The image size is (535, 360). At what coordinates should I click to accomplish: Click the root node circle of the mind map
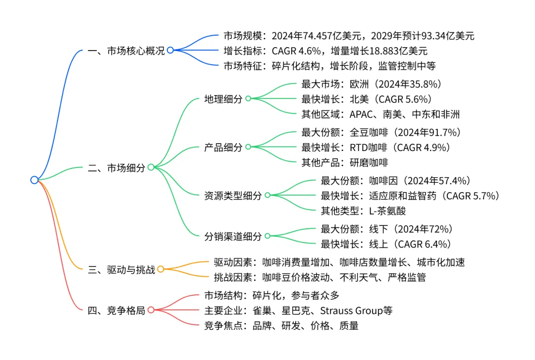click(34, 180)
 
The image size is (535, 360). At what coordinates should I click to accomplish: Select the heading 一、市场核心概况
click(126, 50)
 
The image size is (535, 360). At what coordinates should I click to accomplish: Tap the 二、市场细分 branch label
click(116, 167)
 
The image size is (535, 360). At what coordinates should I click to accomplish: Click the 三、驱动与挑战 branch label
click(121, 269)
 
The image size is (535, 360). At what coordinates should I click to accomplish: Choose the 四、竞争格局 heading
click(116, 310)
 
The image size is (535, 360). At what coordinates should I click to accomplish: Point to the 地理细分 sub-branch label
click(223, 99)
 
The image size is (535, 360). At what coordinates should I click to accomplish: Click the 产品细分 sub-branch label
click(223, 147)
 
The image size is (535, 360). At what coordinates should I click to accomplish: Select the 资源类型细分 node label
click(233, 195)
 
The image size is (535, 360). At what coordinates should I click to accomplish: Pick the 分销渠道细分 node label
click(233, 236)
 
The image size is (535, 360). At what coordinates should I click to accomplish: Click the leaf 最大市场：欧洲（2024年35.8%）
click(371, 84)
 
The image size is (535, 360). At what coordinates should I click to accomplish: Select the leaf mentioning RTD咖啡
click(375, 147)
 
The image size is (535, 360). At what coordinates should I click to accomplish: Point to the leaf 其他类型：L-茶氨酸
click(363, 210)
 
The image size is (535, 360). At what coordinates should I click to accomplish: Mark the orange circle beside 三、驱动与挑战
click(160, 269)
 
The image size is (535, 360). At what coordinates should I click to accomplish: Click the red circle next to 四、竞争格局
click(151, 310)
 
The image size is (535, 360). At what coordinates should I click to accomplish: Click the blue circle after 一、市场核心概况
click(170, 50)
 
